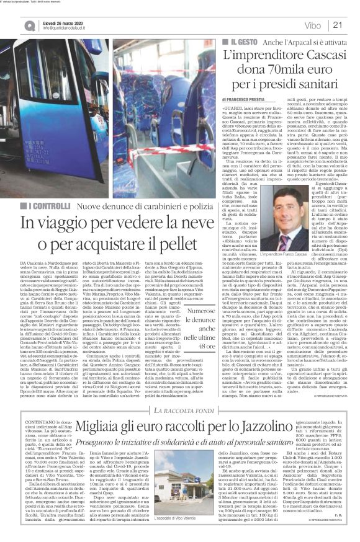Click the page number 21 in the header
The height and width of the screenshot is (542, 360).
point(338,25)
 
